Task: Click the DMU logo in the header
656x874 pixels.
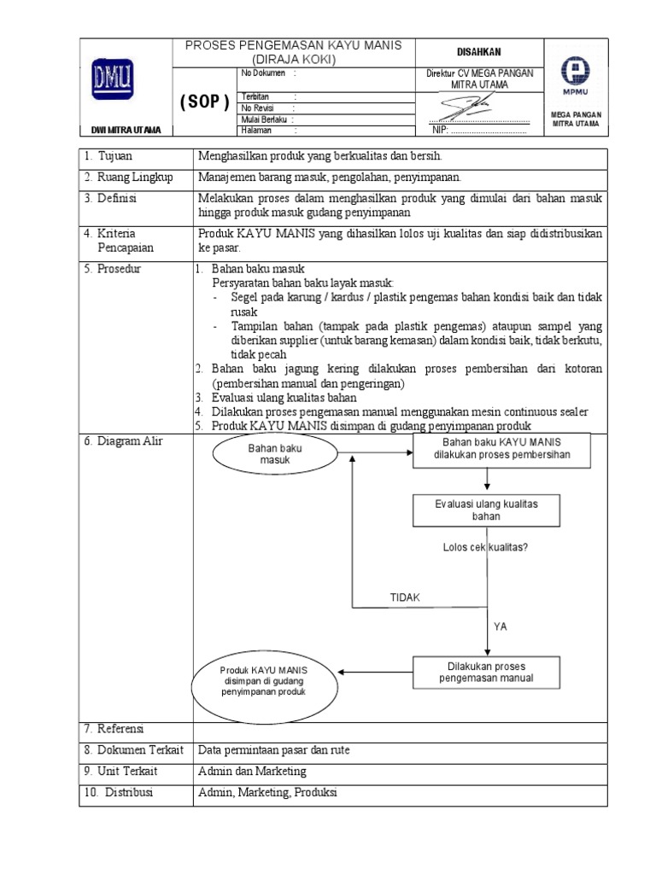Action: [113, 82]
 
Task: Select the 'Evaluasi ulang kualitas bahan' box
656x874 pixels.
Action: [487, 510]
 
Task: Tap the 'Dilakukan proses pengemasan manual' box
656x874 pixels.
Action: [487, 672]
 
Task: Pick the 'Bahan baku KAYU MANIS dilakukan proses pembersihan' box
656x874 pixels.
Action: [501, 449]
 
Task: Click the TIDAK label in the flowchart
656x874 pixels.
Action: [405, 597]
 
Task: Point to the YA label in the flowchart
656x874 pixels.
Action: [501, 626]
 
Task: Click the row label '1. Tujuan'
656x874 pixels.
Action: [108, 156]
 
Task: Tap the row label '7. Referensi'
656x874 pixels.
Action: [114, 729]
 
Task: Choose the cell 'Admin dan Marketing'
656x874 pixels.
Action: [252, 771]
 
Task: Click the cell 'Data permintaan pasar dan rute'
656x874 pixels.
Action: [273, 750]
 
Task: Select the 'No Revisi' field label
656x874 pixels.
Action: [257, 108]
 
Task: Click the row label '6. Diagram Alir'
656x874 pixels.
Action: [123, 441]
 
